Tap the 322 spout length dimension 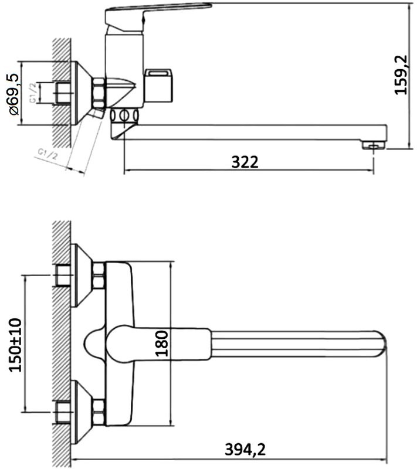click(245, 162)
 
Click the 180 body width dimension click(162, 344)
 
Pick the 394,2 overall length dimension click(245, 450)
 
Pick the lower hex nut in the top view click(98, 413)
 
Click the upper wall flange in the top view click(81, 275)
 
